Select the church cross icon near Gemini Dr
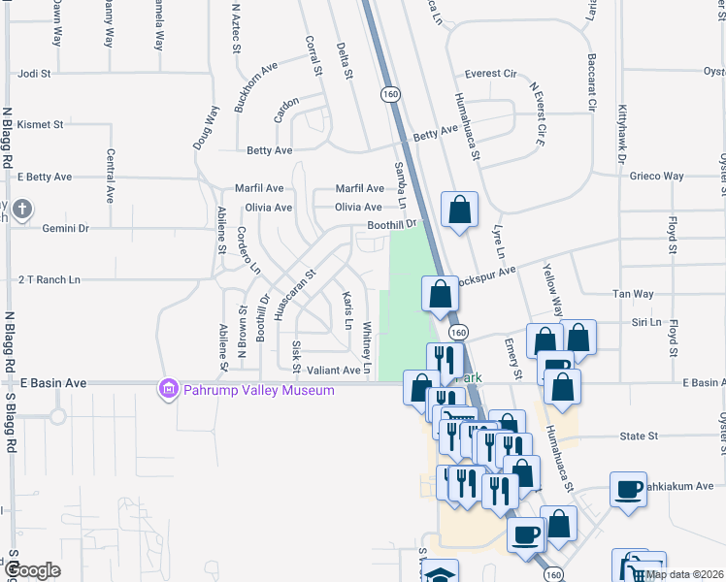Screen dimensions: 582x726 21,209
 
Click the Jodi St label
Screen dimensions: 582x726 34,73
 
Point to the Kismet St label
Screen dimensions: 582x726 40,124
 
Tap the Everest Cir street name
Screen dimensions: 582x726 490,74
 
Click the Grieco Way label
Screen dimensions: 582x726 657,177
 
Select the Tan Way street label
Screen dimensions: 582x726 633,293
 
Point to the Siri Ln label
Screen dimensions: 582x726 645,322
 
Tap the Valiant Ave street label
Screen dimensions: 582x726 334,370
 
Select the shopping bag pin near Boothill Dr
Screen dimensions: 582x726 459,210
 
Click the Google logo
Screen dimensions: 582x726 33,571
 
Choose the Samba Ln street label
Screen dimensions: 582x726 400,180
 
